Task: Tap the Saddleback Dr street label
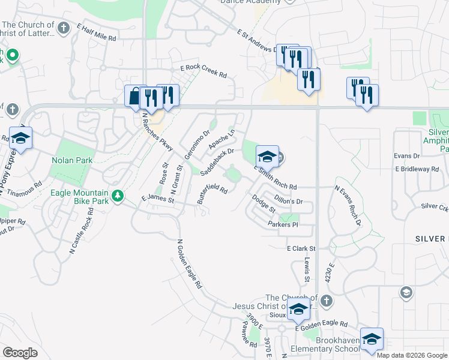pyautogui.click(x=216, y=163)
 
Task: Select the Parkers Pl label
pyautogui.click(x=283, y=224)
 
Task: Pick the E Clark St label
pyautogui.click(x=301, y=248)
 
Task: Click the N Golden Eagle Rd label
pyautogui.click(x=189, y=265)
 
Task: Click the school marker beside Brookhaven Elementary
pyautogui.click(x=372, y=339)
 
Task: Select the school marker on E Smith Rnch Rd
pyautogui.click(x=267, y=157)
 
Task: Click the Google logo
pyautogui.click(x=20, y=353)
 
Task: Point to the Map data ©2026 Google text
pyautogui.click(x=412, y=355)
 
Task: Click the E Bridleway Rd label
pyautogui.click(x=417, y=169)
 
